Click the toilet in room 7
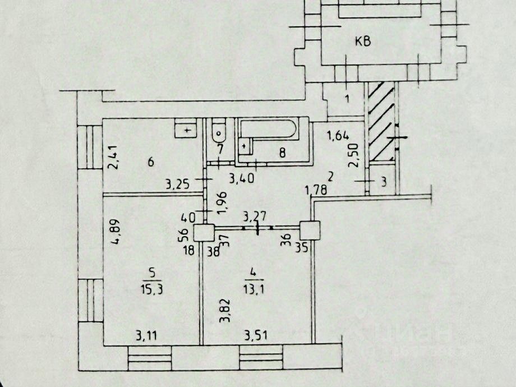218,132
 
